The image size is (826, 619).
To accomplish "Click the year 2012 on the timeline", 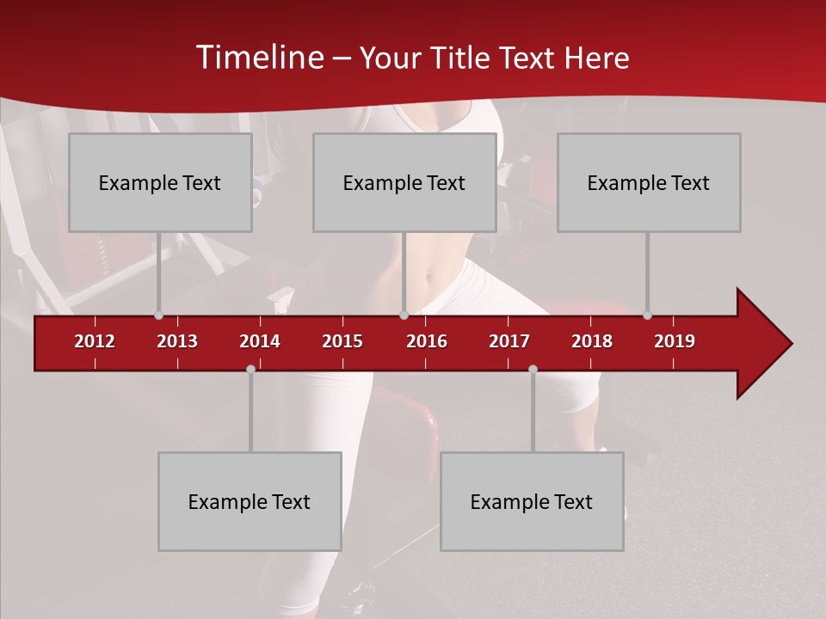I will pyautogui.click(x=95, y=341).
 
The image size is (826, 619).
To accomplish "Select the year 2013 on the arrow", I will pyautogui.click(x=177, y=341).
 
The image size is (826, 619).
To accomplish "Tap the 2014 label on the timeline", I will pyautogui.click(x=260, y=341).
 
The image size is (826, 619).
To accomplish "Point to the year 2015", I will pyautogui.click(x=342, y=341).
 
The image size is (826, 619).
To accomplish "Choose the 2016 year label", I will pyautogui.click(x=427, y=341).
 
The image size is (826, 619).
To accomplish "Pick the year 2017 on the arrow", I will pyautogui.click(x=509, y=341).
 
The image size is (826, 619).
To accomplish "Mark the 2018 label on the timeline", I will pyautogui.click(x=592, y=341).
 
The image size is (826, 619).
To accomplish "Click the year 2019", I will pyautogui.click(x=675, y=341).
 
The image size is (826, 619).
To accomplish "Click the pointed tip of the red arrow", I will pyautogui.click(x=790, y=344).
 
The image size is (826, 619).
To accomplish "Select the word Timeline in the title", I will pyautogui.click(x=258, y=58).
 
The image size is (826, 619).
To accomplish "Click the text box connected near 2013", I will pyautogui.click(x=160, y=182).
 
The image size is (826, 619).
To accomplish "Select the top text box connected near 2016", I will pyautogui.click(x=404, y=182).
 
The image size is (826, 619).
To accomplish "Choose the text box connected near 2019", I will pyautogui.click(x=649, y=182).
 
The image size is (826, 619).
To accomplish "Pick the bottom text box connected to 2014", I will pyautogui.click(x=250, y=501).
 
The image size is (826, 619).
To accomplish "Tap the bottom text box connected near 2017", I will pyautogui.click(x=532, y=501).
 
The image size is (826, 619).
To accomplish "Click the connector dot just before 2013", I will pyautogui.click(x=158, y=316).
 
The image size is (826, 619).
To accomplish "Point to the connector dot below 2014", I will pyautogui.click(x=250, y=369).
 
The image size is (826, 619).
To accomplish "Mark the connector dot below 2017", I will pyautogui.click(x=533, y=369).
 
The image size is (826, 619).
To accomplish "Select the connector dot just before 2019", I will pyautogui.click(x=647, y=316).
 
